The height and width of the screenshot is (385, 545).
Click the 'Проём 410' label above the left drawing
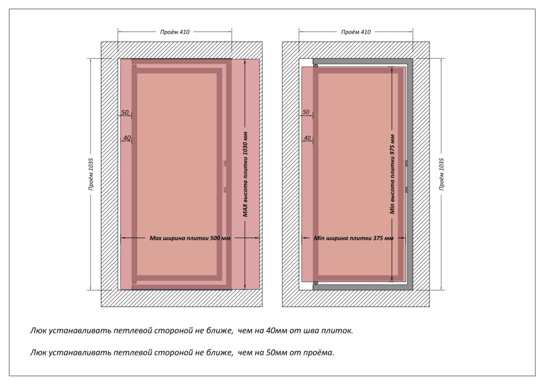[x=175, y=32]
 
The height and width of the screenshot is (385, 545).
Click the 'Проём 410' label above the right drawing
[x=356, y=32]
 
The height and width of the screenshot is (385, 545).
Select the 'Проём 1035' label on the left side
[x=91, y=174]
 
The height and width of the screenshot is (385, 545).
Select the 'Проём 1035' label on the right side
[x=442, y=174]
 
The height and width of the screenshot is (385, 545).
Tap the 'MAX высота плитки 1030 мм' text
[x=245, y=174]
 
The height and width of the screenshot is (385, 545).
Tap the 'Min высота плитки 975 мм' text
[x=393, y=174]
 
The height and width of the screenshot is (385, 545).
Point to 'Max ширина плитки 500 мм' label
[x=190, y=238]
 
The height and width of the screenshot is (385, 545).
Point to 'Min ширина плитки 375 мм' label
[x=353, y=238]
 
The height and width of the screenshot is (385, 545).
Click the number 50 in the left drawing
[x=124, y=113]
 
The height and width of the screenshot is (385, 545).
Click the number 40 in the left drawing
[x=127, y=138]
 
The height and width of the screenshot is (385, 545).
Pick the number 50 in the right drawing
[x=306, y=113]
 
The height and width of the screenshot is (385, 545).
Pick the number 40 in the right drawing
[x=307, y=138]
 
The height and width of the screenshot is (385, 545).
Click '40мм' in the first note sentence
[x=275, y=331]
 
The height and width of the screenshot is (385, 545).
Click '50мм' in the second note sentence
[x=275, y=352]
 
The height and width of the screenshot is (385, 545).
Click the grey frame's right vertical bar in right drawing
[x=410, y=173]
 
